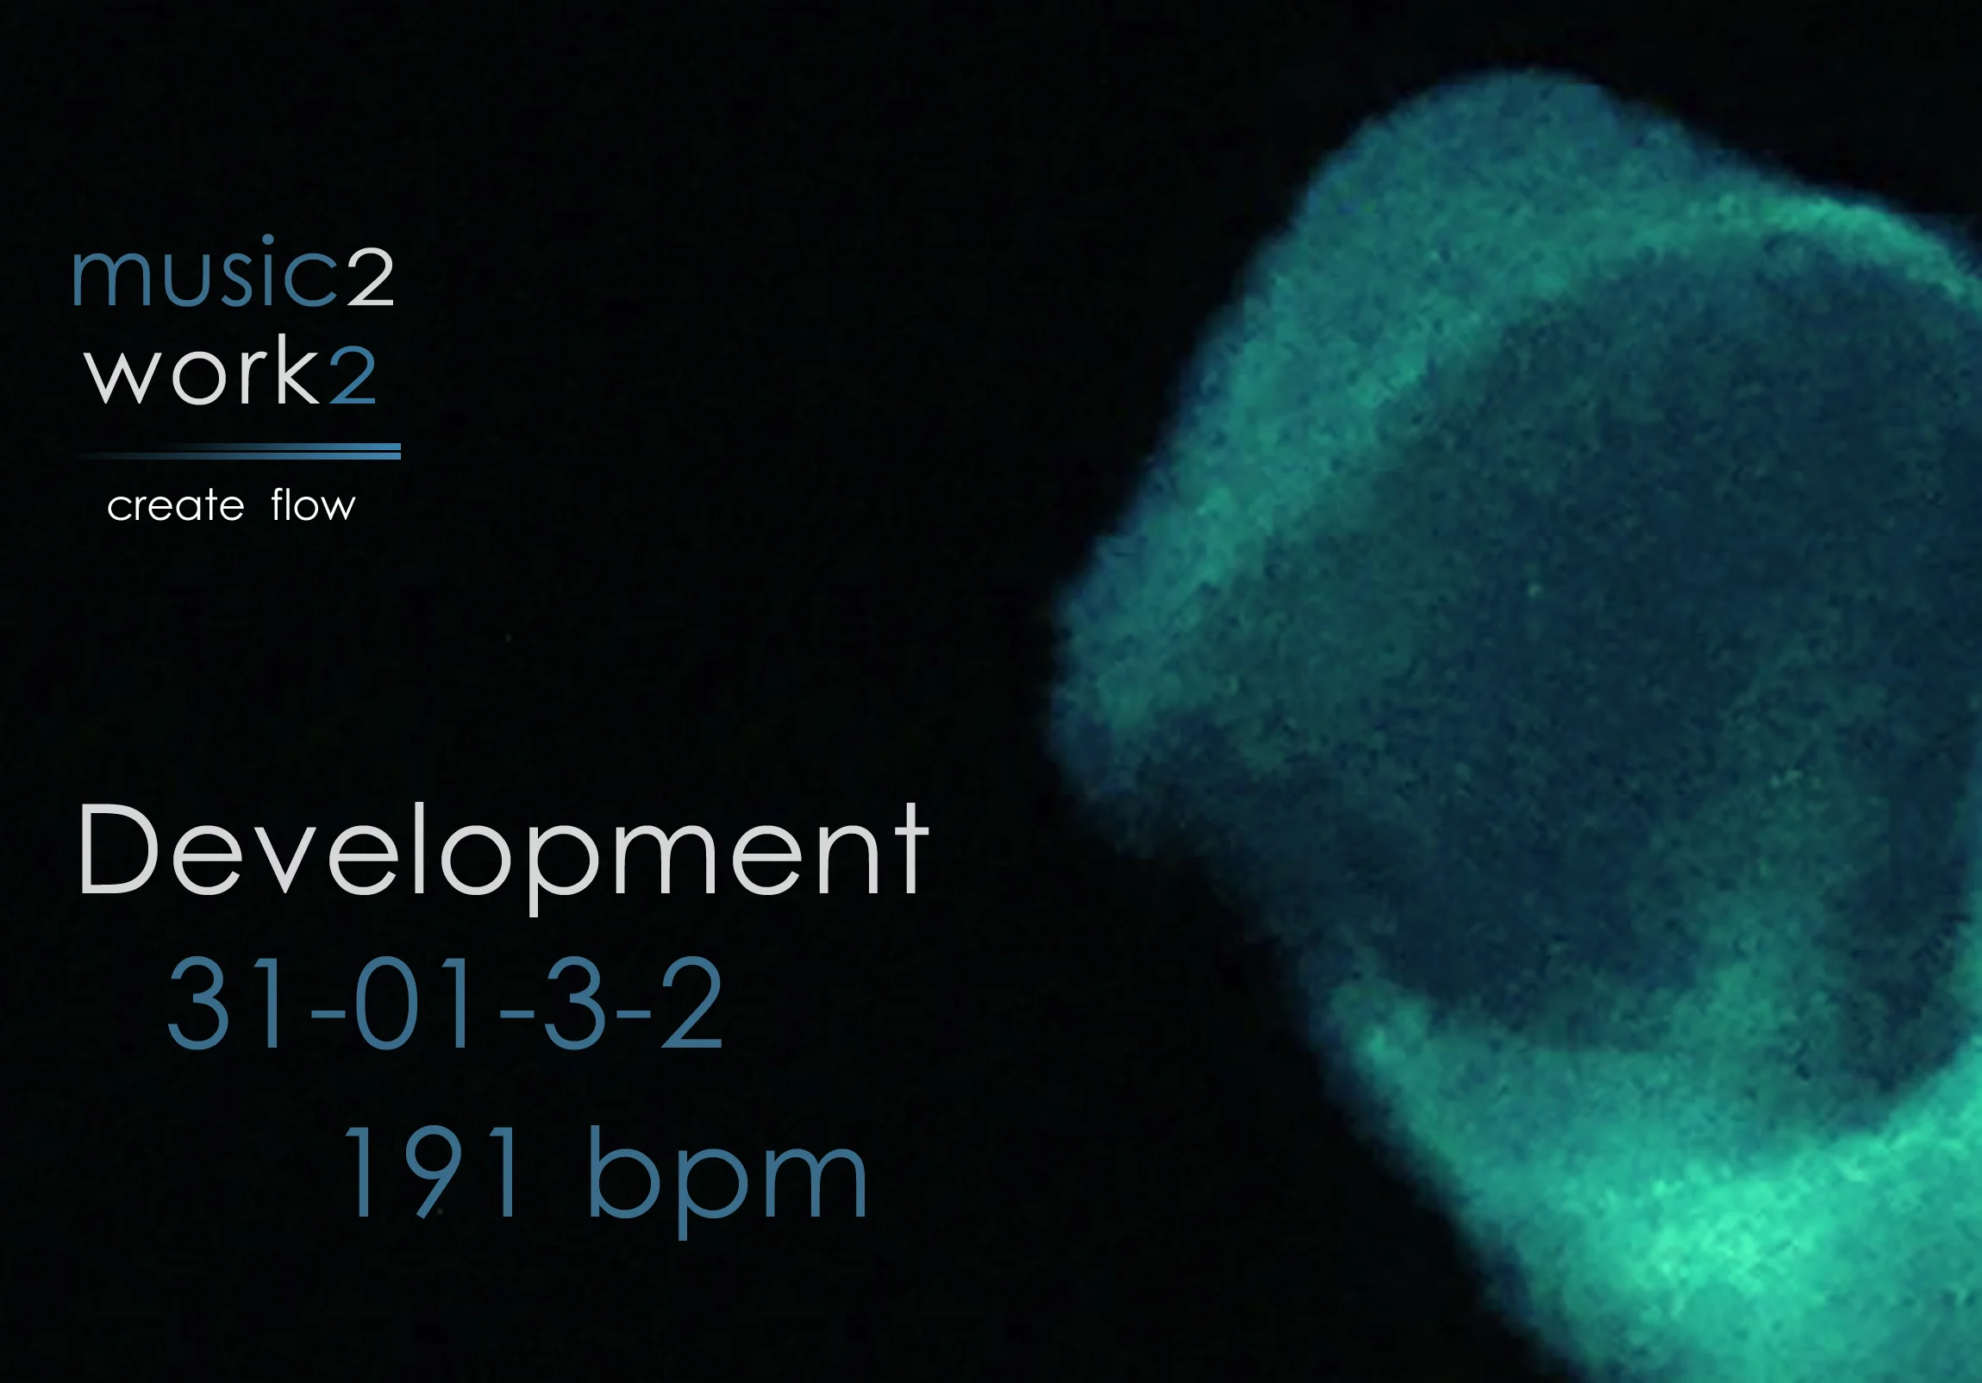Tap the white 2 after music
point(372,276)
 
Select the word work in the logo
point(202,372)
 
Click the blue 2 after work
point(353,375)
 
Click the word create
point(175,506)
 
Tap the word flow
point(312,505)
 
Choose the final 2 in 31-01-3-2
point(691,1003)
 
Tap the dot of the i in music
point(267,239)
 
